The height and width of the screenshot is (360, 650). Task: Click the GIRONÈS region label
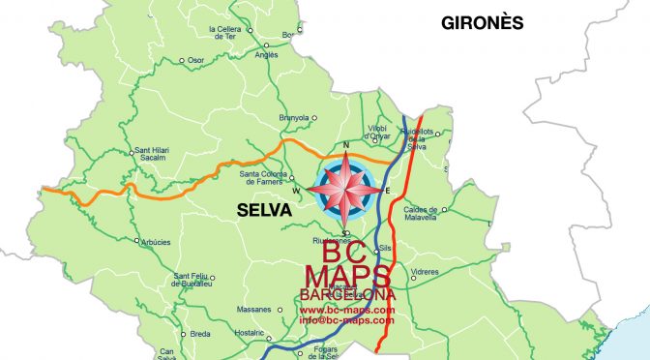click(482, 21)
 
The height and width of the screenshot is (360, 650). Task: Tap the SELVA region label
click(264, 209)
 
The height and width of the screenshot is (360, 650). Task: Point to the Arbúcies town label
click(158, 241)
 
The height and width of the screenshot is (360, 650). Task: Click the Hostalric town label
click(250, 332)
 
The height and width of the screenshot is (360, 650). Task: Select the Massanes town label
click(253, 310)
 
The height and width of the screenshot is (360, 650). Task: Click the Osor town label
click(196, 60)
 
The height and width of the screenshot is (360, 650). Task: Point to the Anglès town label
click(265, 54)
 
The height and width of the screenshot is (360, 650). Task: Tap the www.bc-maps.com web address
click(347, 310)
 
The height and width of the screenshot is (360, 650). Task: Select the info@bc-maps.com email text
click(347, 319)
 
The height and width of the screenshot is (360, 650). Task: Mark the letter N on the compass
click(345, 145)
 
